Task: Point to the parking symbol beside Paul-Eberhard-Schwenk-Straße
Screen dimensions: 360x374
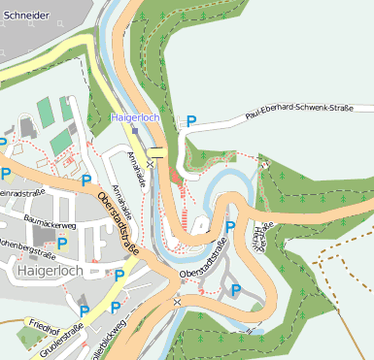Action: click(191, 121)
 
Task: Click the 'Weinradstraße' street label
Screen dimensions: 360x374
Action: click(21, 191)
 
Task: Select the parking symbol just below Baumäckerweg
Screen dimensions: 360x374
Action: click(63, 243)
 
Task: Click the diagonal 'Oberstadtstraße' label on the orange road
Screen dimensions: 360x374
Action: click(118, 223)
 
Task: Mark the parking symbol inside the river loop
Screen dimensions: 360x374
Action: click(230, 226)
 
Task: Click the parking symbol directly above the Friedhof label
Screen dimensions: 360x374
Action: click(84, 311)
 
